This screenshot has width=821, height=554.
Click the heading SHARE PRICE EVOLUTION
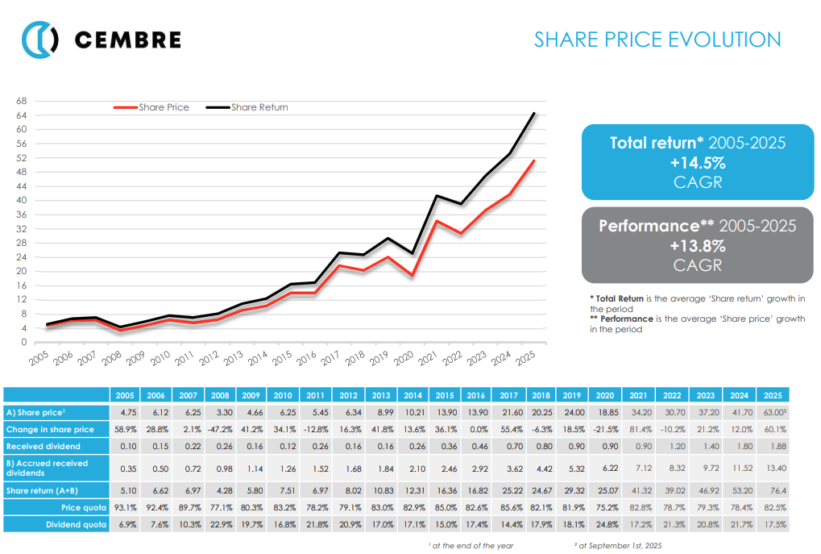[657, 40]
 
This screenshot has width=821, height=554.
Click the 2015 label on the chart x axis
[281, 358]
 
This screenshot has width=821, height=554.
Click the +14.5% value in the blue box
[698, 162]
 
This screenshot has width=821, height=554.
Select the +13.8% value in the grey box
[698, 245]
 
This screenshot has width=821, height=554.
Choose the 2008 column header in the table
[220, 394]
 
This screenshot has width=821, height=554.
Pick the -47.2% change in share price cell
[220, 429]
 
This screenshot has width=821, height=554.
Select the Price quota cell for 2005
[125, 508]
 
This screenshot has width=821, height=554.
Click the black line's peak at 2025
[533, 114]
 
